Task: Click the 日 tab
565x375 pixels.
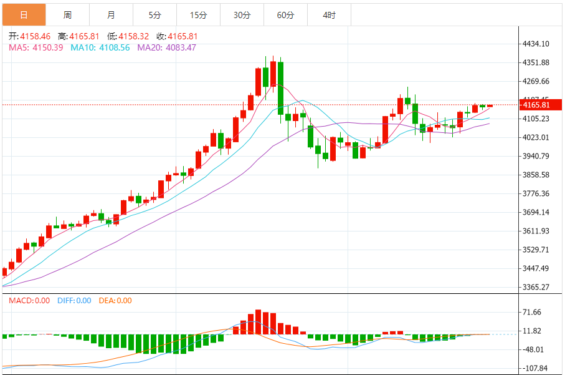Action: [24, 14]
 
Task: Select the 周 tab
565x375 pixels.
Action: [67, 14]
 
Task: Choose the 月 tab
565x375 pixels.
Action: [111, 14]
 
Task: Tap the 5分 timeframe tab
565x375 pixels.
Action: [155, 14]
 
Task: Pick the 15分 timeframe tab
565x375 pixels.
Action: [199, 14]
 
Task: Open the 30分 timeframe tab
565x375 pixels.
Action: [242, 14]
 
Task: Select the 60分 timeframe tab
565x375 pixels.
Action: [286, 14]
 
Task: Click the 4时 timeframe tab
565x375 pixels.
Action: [330, 14]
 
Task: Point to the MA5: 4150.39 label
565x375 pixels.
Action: [36, 47]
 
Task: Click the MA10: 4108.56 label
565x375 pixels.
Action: [100, 47]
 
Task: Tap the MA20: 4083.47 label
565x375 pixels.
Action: [166, 47]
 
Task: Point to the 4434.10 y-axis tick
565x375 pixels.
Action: [536, 44]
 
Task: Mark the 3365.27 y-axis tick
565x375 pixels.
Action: [536, 288]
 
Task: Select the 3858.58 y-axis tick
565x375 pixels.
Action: [536, 175]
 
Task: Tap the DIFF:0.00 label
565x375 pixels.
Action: [74, 301]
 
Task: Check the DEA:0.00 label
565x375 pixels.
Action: [116, 301]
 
